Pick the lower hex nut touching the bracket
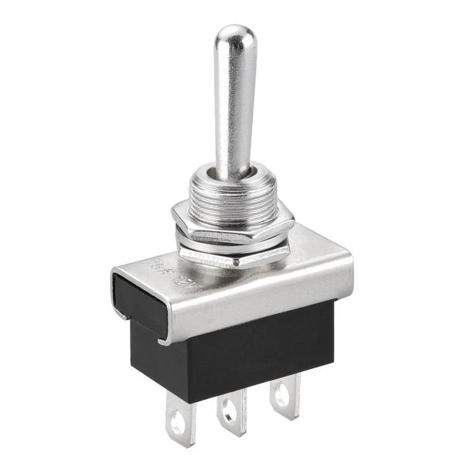(232, 255)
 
